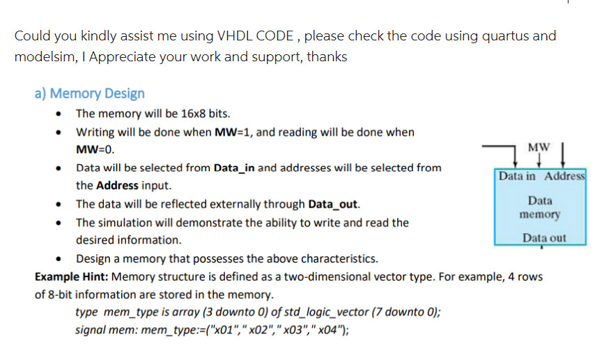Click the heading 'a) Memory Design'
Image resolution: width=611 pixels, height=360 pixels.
tap(90, 93)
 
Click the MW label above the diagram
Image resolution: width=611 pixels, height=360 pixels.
tap(539, 148)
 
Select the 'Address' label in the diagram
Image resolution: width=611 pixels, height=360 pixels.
tap(565, 176)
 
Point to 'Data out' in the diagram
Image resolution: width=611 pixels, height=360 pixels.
tap(544, 238)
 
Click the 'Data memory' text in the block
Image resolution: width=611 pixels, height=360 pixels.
tap(540, 208)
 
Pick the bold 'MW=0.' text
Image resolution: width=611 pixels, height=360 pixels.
tap(95, 150)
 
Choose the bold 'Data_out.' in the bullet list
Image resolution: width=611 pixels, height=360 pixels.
tap(334, 204)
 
